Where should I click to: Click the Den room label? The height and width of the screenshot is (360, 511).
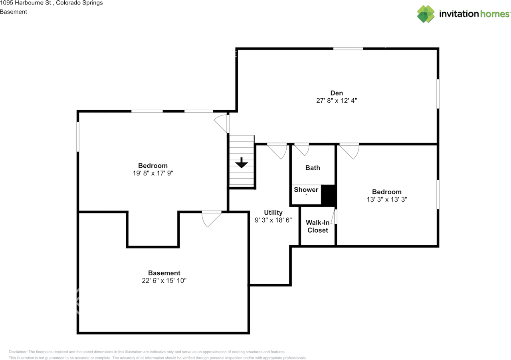(x=336, y=93)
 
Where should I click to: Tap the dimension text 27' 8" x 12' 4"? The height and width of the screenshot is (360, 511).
(x=336, y=101)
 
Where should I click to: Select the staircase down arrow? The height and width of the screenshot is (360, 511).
(x=242, y=163)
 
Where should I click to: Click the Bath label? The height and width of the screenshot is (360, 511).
(x=313, y=168)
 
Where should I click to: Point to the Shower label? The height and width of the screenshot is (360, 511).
(x=306, y=190)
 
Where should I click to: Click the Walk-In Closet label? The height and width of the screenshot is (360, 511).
(x=318, y=227)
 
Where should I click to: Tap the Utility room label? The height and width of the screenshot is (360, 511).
(x=273, y=213)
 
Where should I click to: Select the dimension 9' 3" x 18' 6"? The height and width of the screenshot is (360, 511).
(x=273, y=220)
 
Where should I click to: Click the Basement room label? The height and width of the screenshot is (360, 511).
(x=164, y=273)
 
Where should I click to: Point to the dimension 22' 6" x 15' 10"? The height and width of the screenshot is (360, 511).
(x=164, y=281)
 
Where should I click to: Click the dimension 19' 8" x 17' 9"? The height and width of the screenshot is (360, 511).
(x=153, y=173)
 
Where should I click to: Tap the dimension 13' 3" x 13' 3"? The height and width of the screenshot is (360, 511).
(x=387, y=199)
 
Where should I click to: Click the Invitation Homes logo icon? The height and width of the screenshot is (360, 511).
(x=426, y=14)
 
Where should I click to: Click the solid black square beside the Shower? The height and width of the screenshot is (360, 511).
(x=329, y=195)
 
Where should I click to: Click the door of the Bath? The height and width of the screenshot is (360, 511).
(x=302, y=149)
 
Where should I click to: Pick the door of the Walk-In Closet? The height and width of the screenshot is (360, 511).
(x=335, y=216)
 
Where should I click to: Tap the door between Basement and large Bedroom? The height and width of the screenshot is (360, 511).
(x=212, y=218)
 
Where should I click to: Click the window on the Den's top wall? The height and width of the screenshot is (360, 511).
(x=348, y=49)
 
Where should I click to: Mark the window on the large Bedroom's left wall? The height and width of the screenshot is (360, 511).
(x=78, y=137)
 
